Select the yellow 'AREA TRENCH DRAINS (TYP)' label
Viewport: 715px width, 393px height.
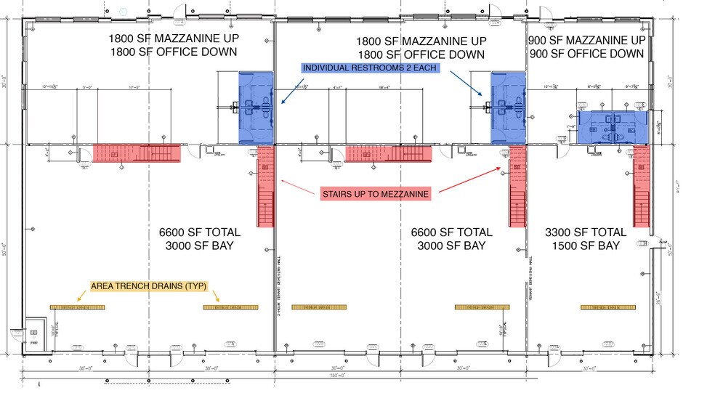click(x=150, y=286)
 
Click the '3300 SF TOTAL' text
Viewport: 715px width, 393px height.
click(x=584, y=232)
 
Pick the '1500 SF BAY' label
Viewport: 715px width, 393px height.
click(x=584, y=246)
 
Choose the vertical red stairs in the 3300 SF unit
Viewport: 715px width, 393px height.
click(x=640, y=187)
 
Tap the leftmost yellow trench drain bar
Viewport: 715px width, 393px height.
click(x=77, y=307)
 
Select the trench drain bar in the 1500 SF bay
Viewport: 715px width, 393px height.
click(x=608, y=307)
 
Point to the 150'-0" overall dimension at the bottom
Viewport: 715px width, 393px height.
click(x=336, y=376)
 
